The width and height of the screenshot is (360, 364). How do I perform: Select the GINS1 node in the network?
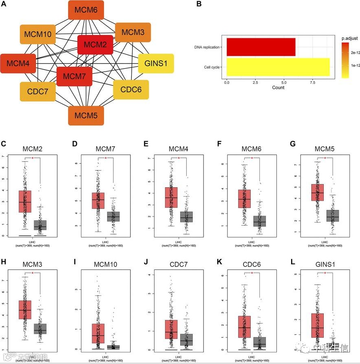pos(156,64)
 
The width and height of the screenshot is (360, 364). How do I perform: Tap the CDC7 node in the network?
pos(38,92)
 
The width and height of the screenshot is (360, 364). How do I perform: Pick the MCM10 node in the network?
pos(38,34)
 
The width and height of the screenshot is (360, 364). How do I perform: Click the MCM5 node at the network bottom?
pos(86,116)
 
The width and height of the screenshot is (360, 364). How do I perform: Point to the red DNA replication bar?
pos(261,47)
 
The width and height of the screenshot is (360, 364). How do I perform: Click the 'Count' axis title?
pos(278,88)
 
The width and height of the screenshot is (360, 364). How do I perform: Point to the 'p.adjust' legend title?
pos(349,38)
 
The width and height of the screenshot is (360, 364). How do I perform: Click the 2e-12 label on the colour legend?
pos(353,52)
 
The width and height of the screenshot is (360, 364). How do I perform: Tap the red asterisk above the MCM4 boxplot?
pos(179,158)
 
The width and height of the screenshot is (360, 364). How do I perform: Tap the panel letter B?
pos(199,4)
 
